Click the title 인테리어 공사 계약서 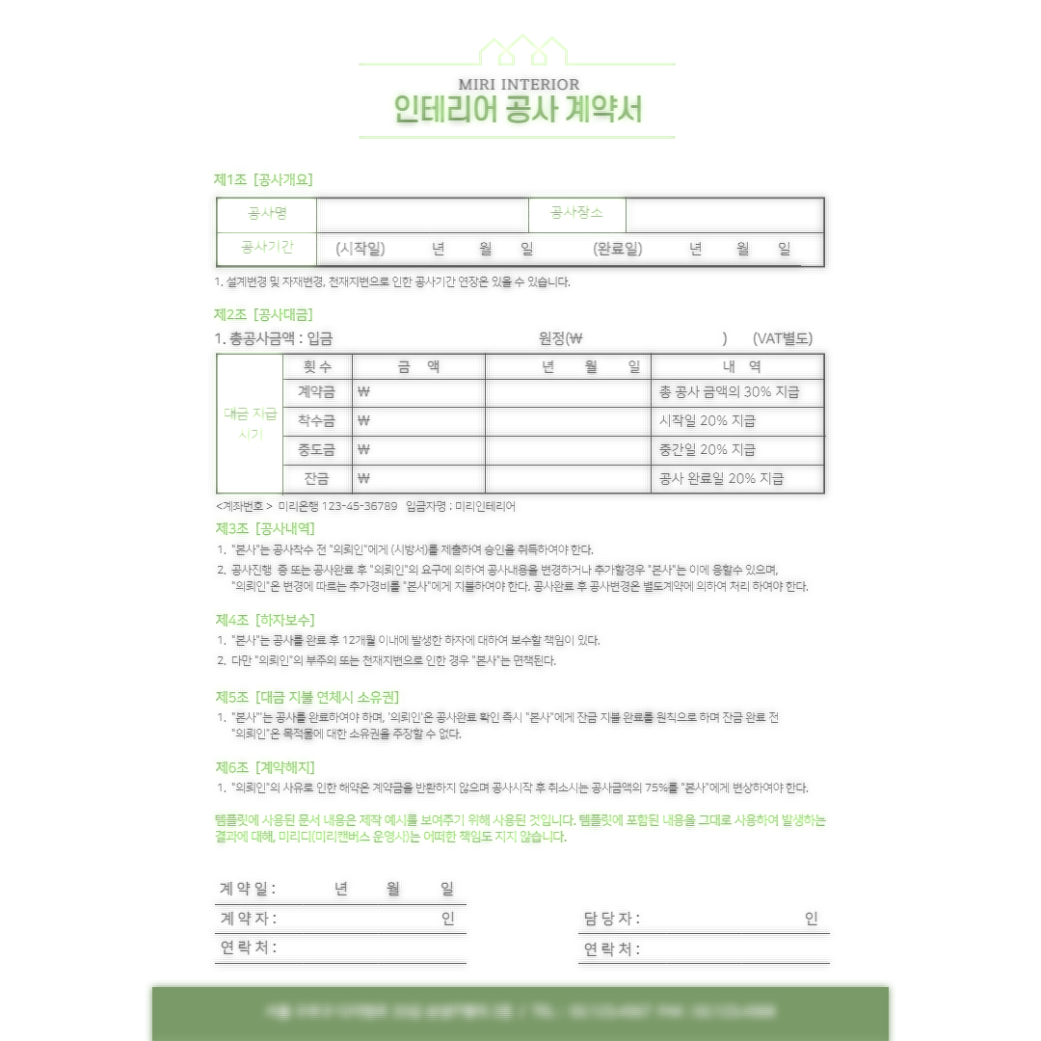(x=520, y=109)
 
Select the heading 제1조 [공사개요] (x=263, y=179)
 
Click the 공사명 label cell (x=267, y=213)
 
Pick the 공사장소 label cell (x=576, y=213)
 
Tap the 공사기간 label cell (x=267, y=248)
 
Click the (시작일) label (x=360, y=249)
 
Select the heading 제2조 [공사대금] (x=263, y=314)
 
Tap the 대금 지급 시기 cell (x=250, y=424)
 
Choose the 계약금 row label (x=316, y=392)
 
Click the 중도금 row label (x=316, y=449)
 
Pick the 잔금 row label (x=316, y=477)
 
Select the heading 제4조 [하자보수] (x=266, y=619)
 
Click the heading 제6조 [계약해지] (x=266, y=767)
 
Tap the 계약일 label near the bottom (x=247, y=887)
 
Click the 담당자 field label (x=611, y=919)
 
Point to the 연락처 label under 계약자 (x=247, y=948)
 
